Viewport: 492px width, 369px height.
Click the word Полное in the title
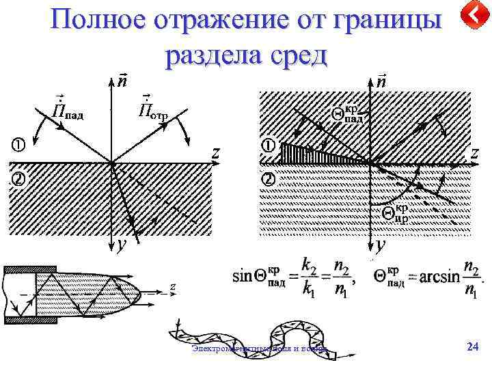click(x=96, y=21)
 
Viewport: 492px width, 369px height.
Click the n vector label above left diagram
click(x=122, y=80)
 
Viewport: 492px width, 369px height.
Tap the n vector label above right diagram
click(x=381, y=80)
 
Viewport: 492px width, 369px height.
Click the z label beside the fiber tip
click(x=174, y=286)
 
